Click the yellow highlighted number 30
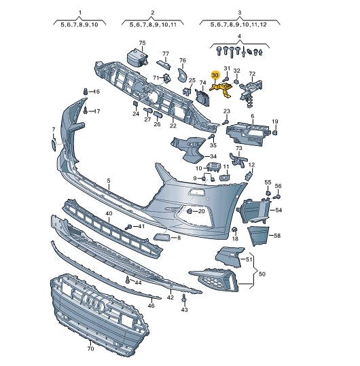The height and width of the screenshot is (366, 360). (x=215, y=75)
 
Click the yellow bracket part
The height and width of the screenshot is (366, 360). (x=221, y=89)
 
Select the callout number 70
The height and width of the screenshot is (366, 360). (x=90, y=349)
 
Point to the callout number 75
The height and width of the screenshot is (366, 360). (x=142, y=43)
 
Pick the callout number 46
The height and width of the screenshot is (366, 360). (x=151, y=306)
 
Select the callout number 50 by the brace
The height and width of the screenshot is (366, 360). (x=262, y=274)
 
